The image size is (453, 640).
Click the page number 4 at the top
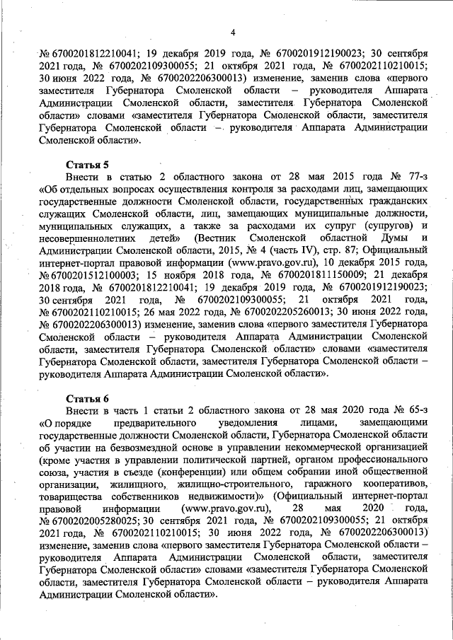point(232,31)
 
